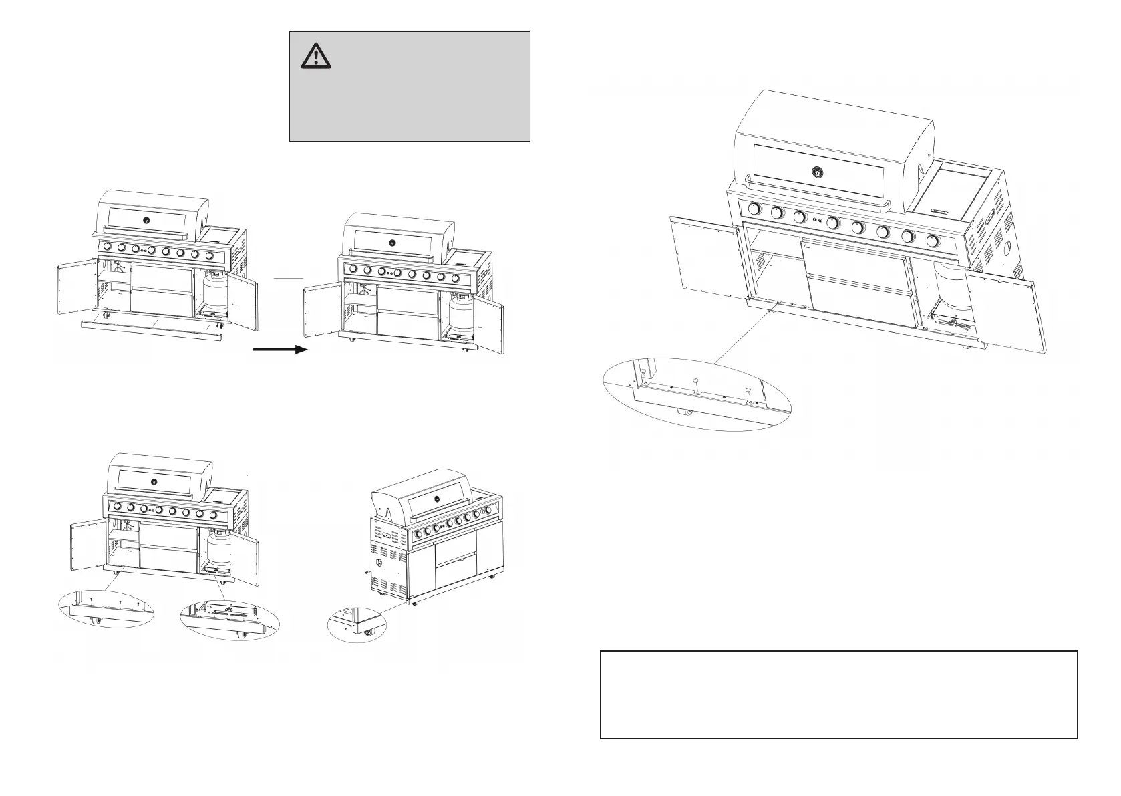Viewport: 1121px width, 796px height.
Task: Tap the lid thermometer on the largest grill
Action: click(816, 172)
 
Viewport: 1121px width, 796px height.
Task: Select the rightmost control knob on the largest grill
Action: click(933, 241)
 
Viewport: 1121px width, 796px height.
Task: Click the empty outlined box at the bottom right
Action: click(838, 694)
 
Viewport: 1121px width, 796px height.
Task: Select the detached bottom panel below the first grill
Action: click(150, 329)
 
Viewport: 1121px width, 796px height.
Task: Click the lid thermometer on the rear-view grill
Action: click(437, 498)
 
